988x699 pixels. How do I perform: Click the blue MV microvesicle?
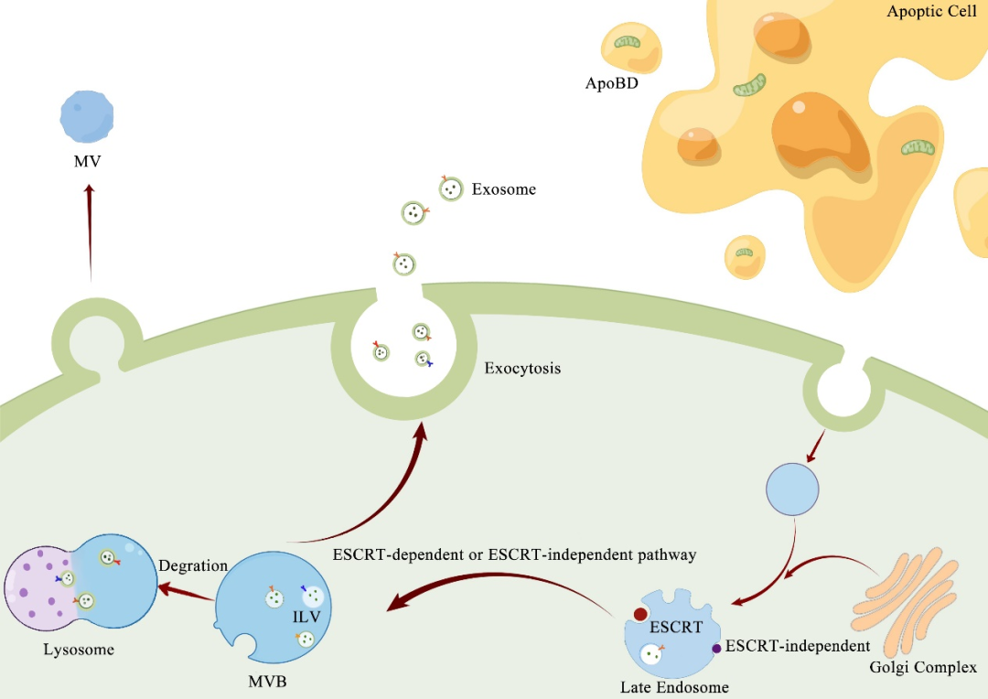pyautogui.click(x=87, y=116)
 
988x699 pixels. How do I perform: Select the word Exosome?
pyautogui.click(x=503, y=190)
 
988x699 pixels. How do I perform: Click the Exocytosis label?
pyautogui.click(x=522, y=369)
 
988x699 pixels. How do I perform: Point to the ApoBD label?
pyautogui.click(x=611, y=83)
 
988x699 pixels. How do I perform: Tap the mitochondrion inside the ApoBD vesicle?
pyautogui.click(x=628, y=42)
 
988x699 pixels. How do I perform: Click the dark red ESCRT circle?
pyautogui.click(x=641, y=614)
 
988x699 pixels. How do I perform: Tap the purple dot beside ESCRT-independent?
pyautogui.click(x=716, y=649)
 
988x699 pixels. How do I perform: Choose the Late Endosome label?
pyautogui.click(x=675, y=686)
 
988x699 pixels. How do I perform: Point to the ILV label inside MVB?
pyautogui.click(x=306, y=617)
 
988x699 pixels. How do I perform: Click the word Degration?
pyautogui.click(x=193, y=565)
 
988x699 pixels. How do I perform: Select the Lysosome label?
pyautogui.click(x=79, y=650)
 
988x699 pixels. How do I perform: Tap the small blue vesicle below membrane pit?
pyautogui.click(x=792, y=489)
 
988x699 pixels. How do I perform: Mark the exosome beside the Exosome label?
pyautogui.click(x=450, y=189)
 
